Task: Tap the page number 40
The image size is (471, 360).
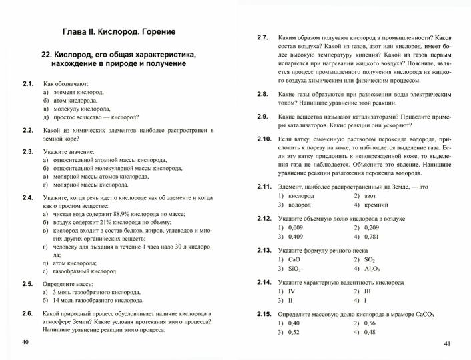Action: pos(25,342)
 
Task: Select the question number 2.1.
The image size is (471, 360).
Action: pos(28,83)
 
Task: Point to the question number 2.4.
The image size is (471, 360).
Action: pos(28,198)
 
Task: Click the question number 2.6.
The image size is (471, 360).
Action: pos(28,313)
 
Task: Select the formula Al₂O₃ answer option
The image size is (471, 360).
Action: pos(372,269)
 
